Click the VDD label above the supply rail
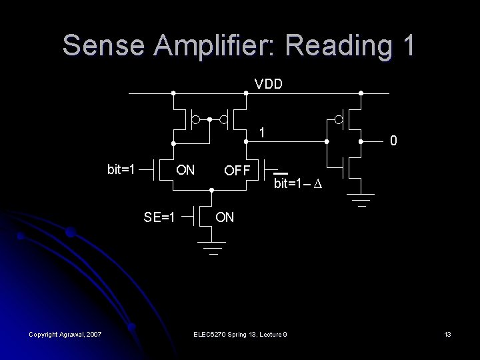pyautogui.click(x=269, y=84)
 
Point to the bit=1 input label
pyautogui.click(x=122, y=169)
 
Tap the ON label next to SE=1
pyautogui.click(x=224, y=217)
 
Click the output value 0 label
pyautogui.click(x=394, y=141)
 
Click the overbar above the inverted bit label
pyautogui.click(x=280, y=175)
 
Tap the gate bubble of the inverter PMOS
pyautogui.click(x=339, y=119)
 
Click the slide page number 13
pyautogui.click(x=447, y=333)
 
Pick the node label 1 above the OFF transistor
pyautogui.click(x=263, y=133)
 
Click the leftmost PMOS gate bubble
pyautogui.click(x=195, y=121)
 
